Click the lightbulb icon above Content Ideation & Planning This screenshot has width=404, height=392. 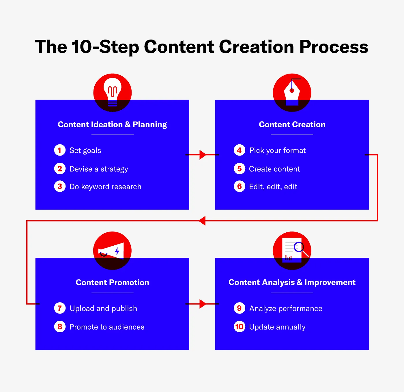(112, 92)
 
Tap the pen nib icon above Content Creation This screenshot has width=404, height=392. (292, 92)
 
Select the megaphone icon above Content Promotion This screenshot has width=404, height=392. (111, 251)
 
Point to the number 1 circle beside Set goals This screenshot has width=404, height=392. (60, 150)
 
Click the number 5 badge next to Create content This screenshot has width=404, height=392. (239, 169)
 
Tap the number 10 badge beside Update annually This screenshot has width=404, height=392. (239, 326)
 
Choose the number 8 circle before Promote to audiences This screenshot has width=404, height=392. (60, 326)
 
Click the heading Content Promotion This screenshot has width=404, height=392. (112, 282)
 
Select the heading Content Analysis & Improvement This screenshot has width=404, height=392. (292, 282)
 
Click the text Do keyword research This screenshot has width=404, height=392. (105, 187)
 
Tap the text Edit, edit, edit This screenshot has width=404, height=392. (273, 187)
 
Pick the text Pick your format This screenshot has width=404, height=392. (277, 150)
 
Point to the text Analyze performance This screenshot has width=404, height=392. (286, 309)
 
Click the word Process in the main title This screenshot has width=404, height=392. (334, 47)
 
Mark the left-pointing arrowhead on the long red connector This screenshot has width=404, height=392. (202, 221)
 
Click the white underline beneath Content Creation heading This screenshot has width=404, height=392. (292, 135)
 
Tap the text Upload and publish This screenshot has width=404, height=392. (103, 309)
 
